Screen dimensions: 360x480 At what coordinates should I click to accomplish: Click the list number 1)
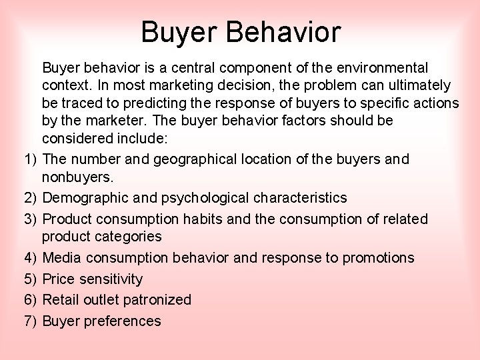pyautogui.click(x=30, y=159)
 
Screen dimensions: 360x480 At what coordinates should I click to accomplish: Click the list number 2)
pyautogui.click(x=30, y=198)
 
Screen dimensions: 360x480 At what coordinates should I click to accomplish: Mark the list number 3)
pyautogui.click(x=30, y=219)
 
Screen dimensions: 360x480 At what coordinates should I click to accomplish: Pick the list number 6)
pyautogui.click(x=30, y=300)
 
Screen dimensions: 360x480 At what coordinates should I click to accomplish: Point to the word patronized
pyautogui.click(x=158, y=300)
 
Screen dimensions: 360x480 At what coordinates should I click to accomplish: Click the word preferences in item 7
pyautogui.click(x=123, y=321)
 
